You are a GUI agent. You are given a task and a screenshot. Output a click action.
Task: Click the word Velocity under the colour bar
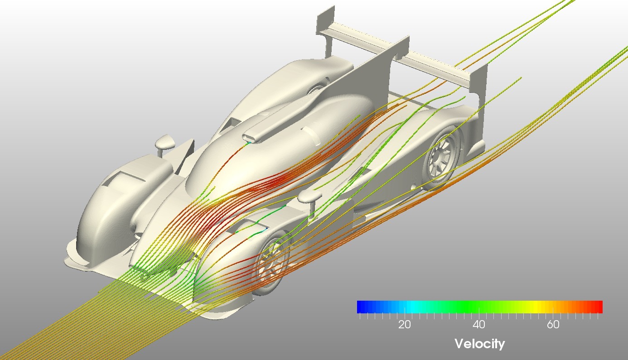(479, 344)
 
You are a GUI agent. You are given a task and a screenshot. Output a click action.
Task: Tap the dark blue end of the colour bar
(361, 307)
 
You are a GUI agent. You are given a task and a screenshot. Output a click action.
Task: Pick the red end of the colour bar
(599, 307)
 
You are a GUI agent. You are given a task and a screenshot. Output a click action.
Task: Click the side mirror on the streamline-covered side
(309, 197)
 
